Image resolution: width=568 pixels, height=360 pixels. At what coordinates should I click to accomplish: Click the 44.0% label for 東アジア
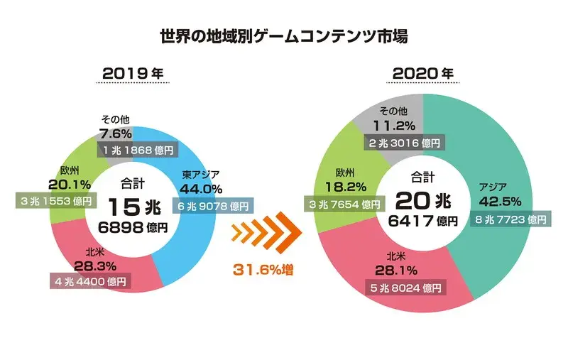[x=202, y=190]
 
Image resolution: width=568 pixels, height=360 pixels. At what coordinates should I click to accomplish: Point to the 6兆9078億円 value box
[x=213, y=206]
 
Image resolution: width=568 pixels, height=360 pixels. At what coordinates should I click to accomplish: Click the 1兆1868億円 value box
[x=136, y=150]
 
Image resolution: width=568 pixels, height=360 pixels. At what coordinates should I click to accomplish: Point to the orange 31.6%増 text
[x=263, y=270]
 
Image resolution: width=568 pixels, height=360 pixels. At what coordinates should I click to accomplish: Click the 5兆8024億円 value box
[x=405, y=288]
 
